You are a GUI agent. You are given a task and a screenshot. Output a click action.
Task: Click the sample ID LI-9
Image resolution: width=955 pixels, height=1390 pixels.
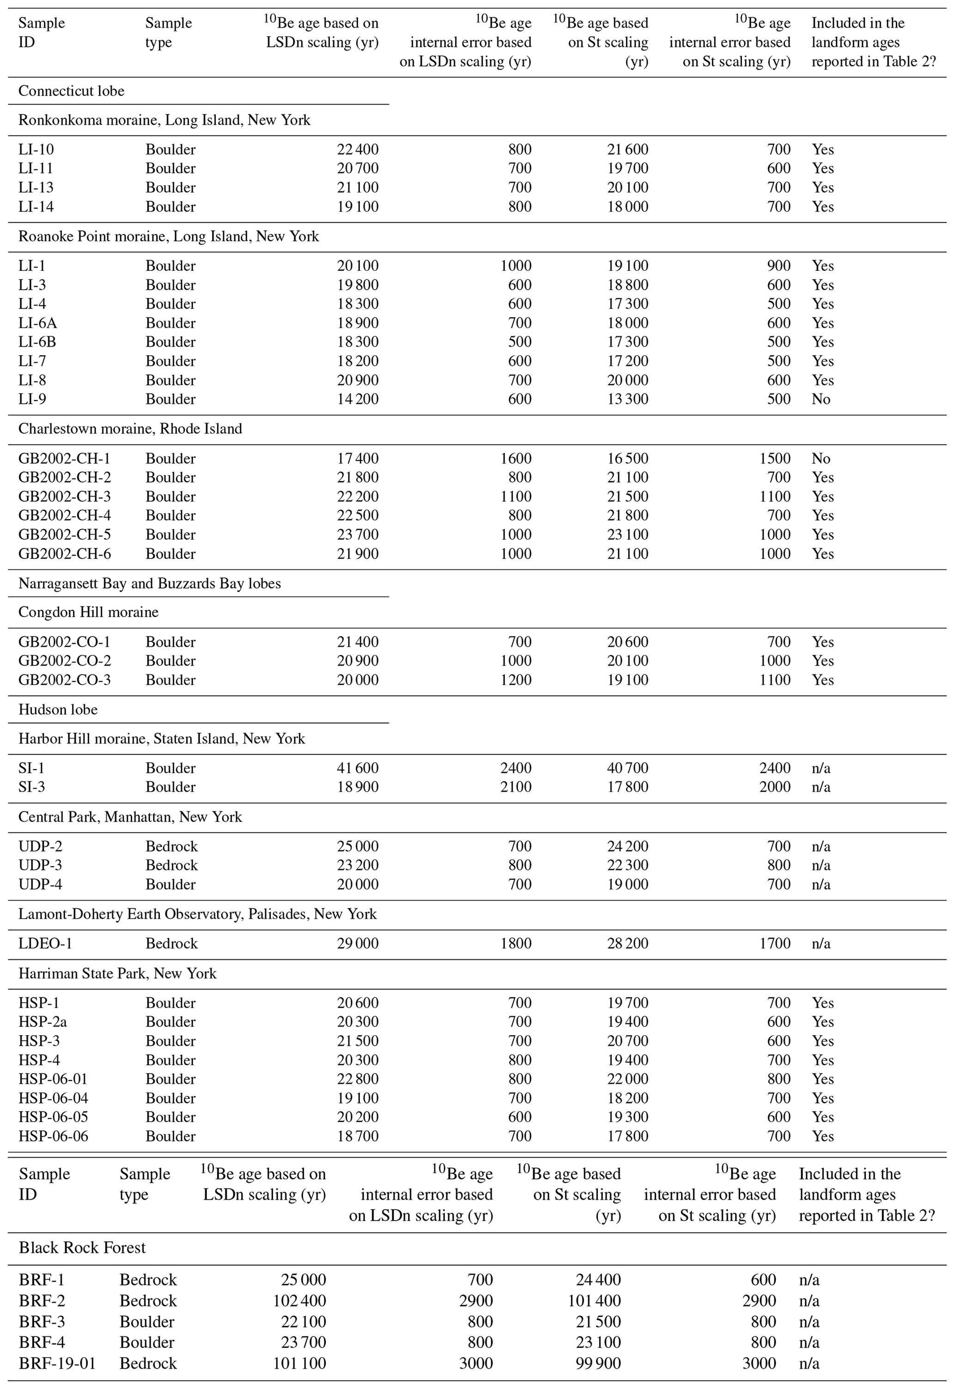click(x=32, y=399)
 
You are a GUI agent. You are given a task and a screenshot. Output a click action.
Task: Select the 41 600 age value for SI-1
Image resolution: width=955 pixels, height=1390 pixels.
click(x=357, y=768)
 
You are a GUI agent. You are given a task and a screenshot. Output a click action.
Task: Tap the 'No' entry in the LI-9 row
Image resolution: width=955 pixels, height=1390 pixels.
click(x=821, y=399)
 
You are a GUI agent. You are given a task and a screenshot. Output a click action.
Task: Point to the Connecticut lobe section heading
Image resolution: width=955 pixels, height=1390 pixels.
click(x=71, y=91)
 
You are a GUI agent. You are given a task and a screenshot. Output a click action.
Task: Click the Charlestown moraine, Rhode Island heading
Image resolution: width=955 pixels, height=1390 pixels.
click(x=130, y=429)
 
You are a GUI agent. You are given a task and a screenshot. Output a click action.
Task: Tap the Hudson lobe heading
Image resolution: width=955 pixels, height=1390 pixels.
click(x=58, y=710)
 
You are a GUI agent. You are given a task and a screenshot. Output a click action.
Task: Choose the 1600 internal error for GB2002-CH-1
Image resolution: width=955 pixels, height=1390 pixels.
click(x=515, y=459)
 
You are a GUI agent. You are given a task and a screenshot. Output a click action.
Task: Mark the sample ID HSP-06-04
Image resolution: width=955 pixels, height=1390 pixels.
click(x=53, y=1098)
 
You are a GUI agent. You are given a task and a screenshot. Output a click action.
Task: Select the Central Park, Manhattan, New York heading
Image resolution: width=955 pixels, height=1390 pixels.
click(x=130, y=817)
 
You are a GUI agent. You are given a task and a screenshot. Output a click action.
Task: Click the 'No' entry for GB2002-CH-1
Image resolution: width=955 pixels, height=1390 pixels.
click(x=821, y=459)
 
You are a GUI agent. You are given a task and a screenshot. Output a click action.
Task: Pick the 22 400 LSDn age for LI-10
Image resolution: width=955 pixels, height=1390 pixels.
click(x=357, y=150)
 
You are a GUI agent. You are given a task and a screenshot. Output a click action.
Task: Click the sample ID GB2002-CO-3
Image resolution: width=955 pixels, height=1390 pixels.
click(x=65, y=680)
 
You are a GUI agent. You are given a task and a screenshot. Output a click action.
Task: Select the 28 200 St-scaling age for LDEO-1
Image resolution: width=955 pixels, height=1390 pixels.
click(x=628, y=943)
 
